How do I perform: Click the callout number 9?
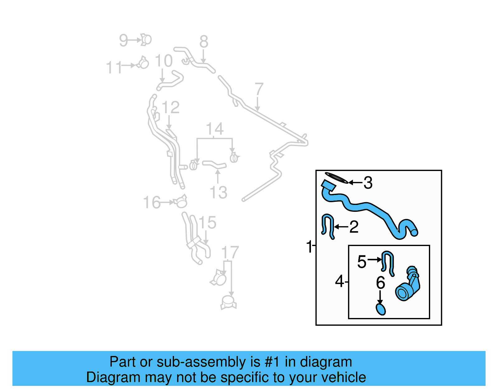point(124,40)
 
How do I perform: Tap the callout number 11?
point(114,67)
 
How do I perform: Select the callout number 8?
point(204,41)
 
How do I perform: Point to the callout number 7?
point(259,89)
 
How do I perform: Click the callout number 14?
point(214,129)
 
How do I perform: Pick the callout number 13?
point(218,192)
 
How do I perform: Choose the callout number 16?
point(152,202)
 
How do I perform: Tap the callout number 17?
point(230,252)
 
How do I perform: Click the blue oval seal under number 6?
point(381,309)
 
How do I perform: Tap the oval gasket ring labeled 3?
point(336,178)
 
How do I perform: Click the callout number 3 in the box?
point(368,183)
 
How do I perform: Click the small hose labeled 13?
point(214,165)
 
